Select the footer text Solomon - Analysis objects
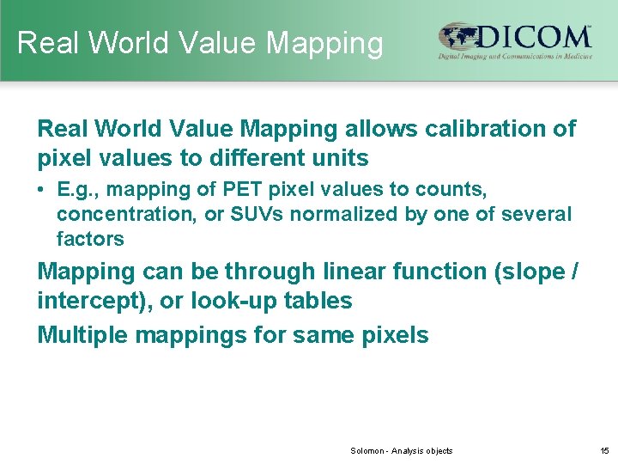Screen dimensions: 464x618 [x=402, y=451]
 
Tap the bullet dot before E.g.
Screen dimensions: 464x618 [x=42, y=188]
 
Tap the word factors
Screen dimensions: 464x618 [x=90, y=239]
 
